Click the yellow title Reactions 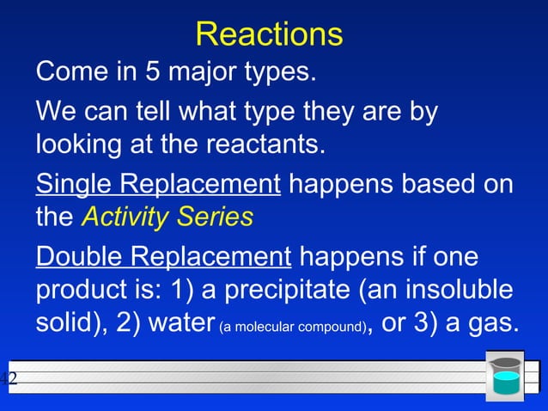coord(269,34)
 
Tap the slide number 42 coord(9,379)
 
